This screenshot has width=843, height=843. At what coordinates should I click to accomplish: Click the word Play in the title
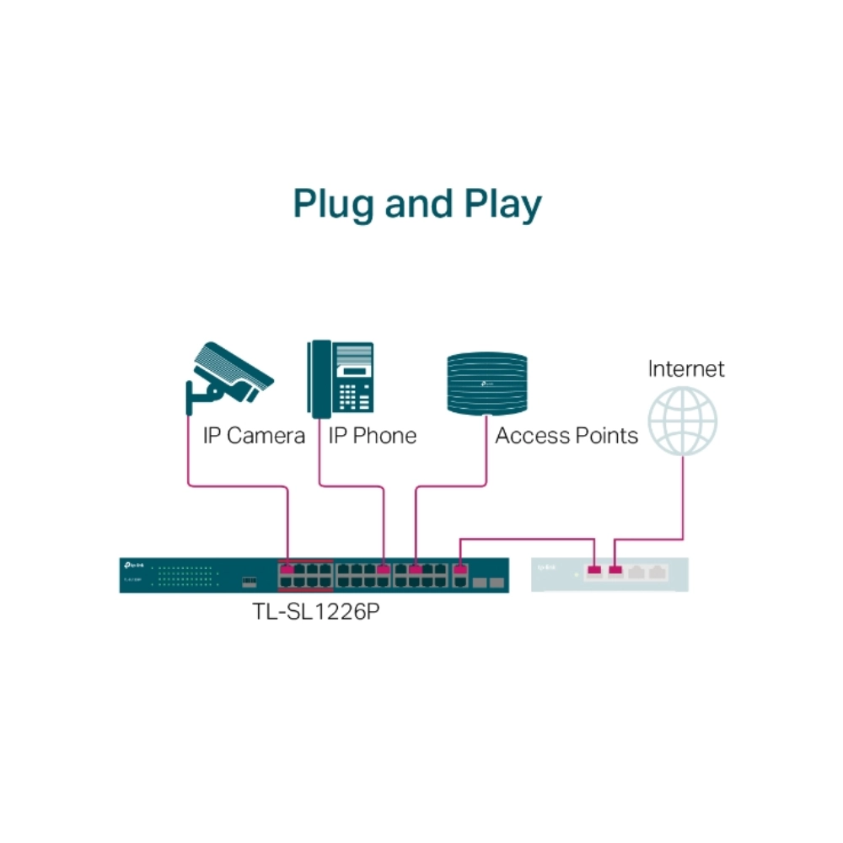pyautogui.click(x=502, y=206)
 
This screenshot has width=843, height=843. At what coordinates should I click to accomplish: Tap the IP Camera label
pyautogui.click(x=254, y=436)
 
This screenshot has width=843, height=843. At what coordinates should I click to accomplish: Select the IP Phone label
pyautogui.click(x=372, y=436)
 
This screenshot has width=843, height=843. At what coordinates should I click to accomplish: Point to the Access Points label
pyautogui.click(x=566, y=436)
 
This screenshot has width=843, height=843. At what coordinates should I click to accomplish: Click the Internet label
pyautogui.click(x=685, y=368)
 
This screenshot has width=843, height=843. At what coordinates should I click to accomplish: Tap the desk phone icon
pyautogui.click(x=341, y=379)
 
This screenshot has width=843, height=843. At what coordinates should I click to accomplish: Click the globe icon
pyautogui.click(x=683, y=421)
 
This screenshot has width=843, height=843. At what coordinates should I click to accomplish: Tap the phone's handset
pyautogui.click(x=319, y=379)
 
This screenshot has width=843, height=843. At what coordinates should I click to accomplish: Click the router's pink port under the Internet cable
pyautogui.click(x=615, y=572)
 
